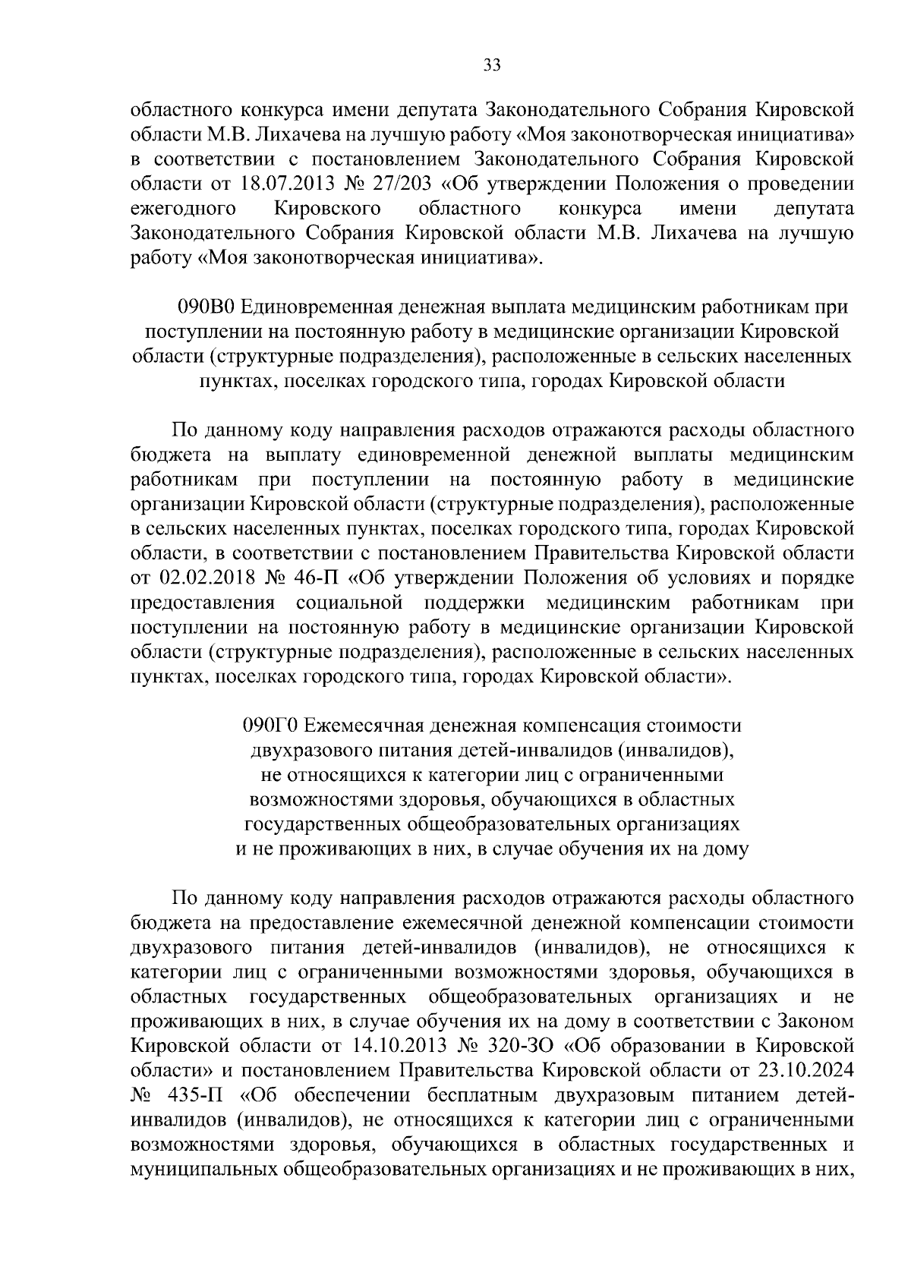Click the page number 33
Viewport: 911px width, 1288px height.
click(x=492, y=66)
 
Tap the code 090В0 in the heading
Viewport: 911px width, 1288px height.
click(x=209, y=307)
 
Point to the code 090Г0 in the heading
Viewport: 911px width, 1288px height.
click(x=272, y=726)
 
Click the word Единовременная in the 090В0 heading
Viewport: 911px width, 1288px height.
click(x=320, y=307)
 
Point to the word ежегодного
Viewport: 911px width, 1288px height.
click(x=181, y=209)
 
